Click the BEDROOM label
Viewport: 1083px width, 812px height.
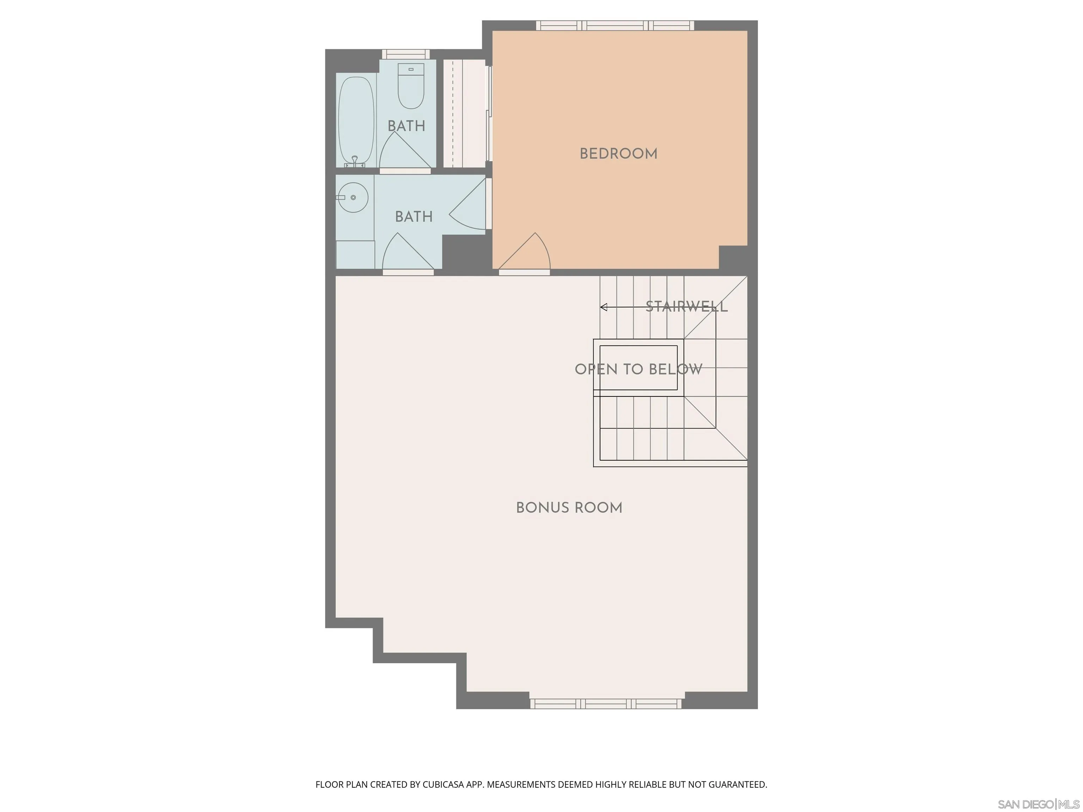coord(618,154)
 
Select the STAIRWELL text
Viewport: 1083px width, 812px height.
coord(686,307)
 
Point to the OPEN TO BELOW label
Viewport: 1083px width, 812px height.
coord(638,369)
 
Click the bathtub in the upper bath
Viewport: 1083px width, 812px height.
coord(356,120)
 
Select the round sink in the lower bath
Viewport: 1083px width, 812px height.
coord(353,198)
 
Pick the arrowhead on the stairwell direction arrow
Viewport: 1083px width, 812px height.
coord(604,307)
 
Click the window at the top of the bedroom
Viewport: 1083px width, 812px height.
coord(615,25)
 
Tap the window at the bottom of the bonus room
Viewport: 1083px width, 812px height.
coord(606,704)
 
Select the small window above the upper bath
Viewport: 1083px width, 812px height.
coord(405,54)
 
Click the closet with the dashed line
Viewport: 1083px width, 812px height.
coord(464,113)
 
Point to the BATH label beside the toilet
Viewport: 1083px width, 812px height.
coord(406,126)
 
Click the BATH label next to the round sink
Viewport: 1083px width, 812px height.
coord(414,217)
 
